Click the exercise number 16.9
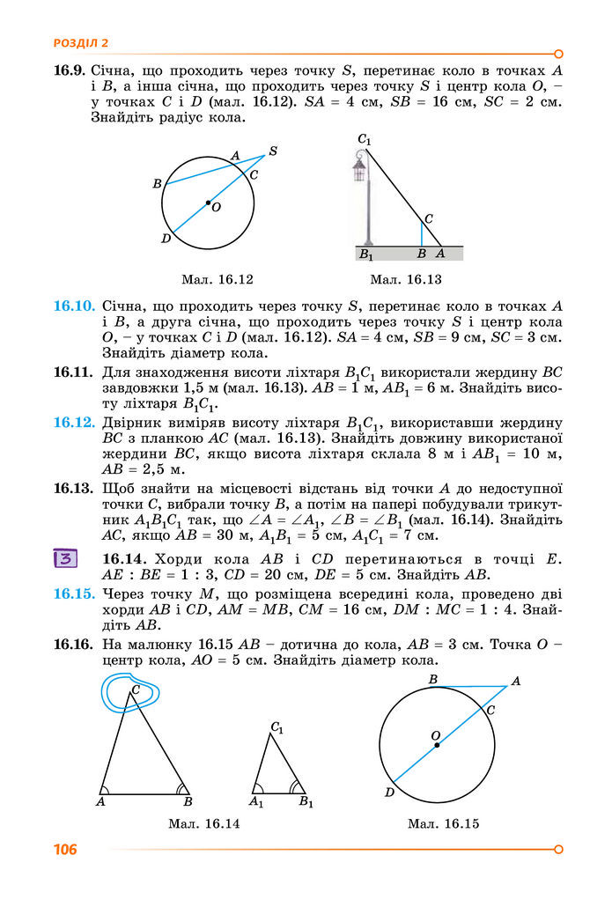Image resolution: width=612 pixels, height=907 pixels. tap(68, 69)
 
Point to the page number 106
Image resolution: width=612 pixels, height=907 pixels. tap(64, 850)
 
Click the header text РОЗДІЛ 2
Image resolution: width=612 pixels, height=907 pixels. tap(80, 42)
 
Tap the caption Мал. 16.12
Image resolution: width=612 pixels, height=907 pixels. tap(217, 280)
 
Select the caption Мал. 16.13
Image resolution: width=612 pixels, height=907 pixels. tap(405, 280)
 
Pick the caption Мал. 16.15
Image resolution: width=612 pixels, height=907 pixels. tap(443, 824)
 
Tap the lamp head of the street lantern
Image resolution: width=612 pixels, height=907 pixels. tap(359, 167)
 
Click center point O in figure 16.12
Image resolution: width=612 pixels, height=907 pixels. tap(208, 203)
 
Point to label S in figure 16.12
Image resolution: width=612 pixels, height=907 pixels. tap(273, 151)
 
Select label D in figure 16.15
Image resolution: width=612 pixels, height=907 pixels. tap(388, 792)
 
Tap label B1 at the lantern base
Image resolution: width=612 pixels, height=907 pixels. tap(365, 254)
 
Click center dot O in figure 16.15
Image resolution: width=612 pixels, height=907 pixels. tap(437, 745)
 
